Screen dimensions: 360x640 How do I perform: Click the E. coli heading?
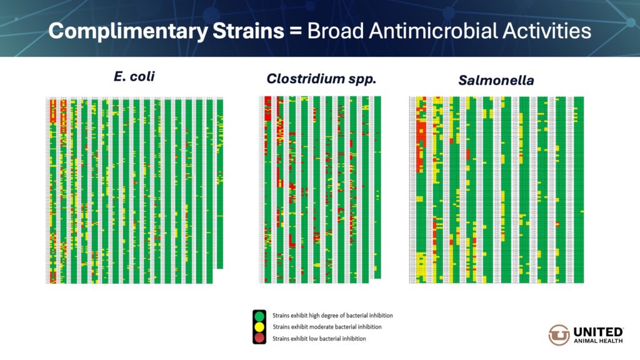pos(134,77)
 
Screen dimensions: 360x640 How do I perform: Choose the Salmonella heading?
pos(496,80)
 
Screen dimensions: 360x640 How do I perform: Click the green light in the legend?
pos(259,316)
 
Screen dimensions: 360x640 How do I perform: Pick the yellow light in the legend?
pos(259,327)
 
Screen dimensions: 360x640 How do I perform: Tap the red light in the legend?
pos(259,338)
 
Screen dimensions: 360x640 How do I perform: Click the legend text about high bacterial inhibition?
pos(332,316)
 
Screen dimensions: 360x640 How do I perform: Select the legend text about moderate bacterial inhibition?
pos(327,327)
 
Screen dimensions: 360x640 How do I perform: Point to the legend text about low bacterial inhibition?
pos(319,338)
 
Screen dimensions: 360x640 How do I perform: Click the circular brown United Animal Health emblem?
pos(559,335)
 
